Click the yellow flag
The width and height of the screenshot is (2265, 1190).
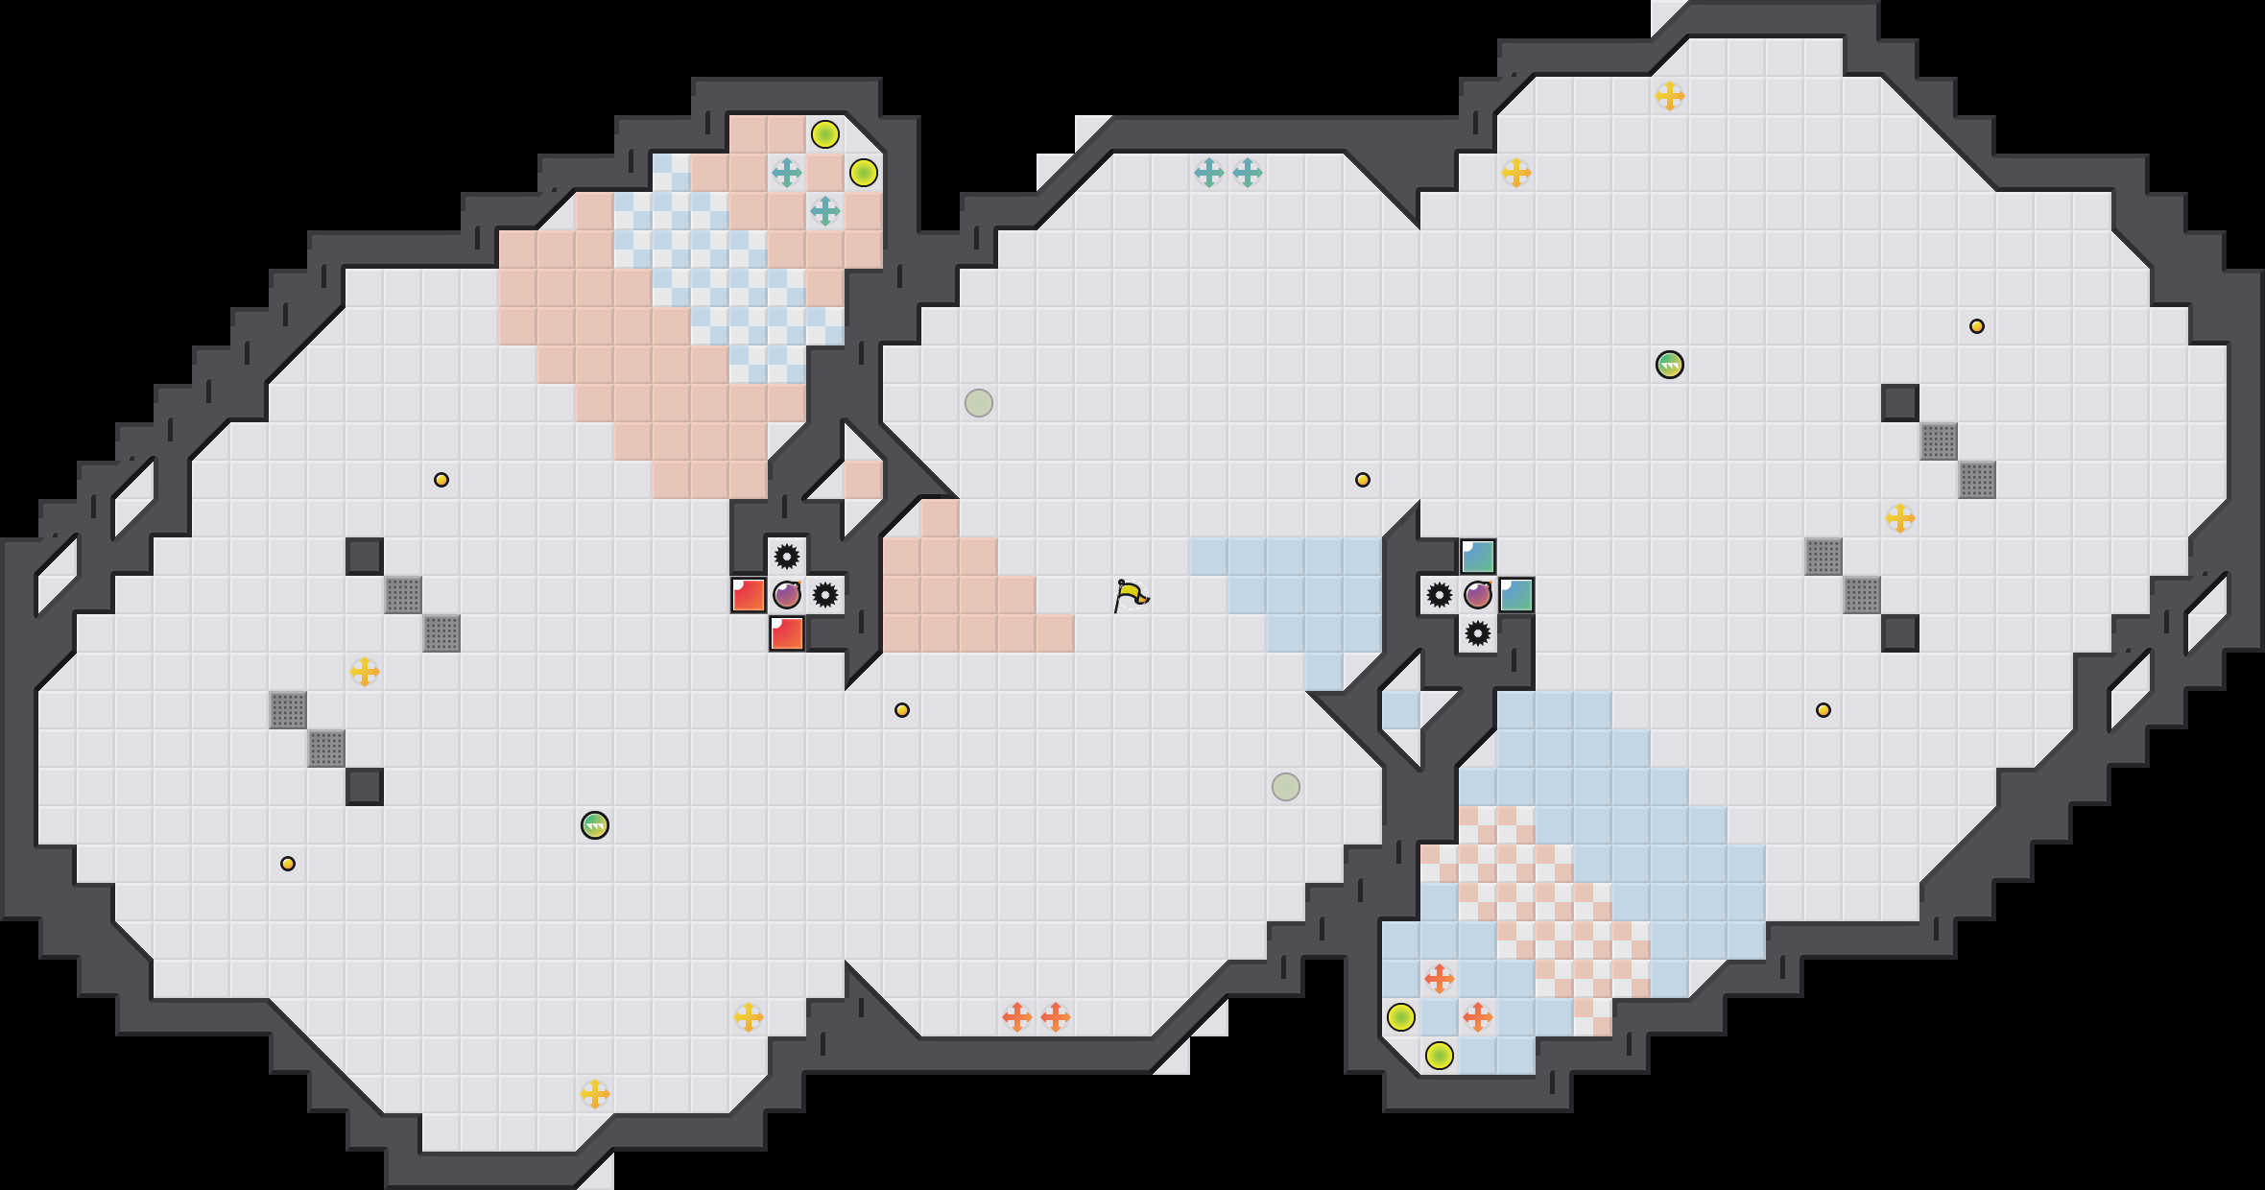pos(1131,595)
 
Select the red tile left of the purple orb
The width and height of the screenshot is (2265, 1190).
pos(749,595)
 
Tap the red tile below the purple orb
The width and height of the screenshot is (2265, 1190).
pos(787,633)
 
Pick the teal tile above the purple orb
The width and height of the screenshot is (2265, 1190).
pos(1478,557)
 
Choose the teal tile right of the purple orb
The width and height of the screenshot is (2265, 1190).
pos(1516,595)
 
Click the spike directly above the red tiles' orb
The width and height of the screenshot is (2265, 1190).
pos(787,557)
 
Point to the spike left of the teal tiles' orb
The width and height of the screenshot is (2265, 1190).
pos(1440,595)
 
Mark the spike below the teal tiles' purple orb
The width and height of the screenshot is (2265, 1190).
pos(1478,633)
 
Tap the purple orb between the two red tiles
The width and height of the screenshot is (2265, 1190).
pos(787,595)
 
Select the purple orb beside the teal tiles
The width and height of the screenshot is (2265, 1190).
pos(1478,595)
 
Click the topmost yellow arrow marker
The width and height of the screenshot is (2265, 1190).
pos(1670,96)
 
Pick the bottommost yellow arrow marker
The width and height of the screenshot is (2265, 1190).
pos(595,1094)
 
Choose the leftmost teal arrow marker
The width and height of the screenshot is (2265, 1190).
pos(787,173)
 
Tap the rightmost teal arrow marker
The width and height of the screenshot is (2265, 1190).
pos(1248,173)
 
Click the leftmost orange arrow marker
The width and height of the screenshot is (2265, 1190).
pos(1017,1017)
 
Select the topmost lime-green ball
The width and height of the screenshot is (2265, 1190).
pos(825,134)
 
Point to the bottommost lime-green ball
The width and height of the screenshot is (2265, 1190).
pos(1440,1056)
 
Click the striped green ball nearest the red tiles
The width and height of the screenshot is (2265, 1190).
pos(595,825)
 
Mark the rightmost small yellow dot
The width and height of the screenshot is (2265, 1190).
pos(1977,326)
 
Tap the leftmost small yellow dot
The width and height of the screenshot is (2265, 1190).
pos(288,864)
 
